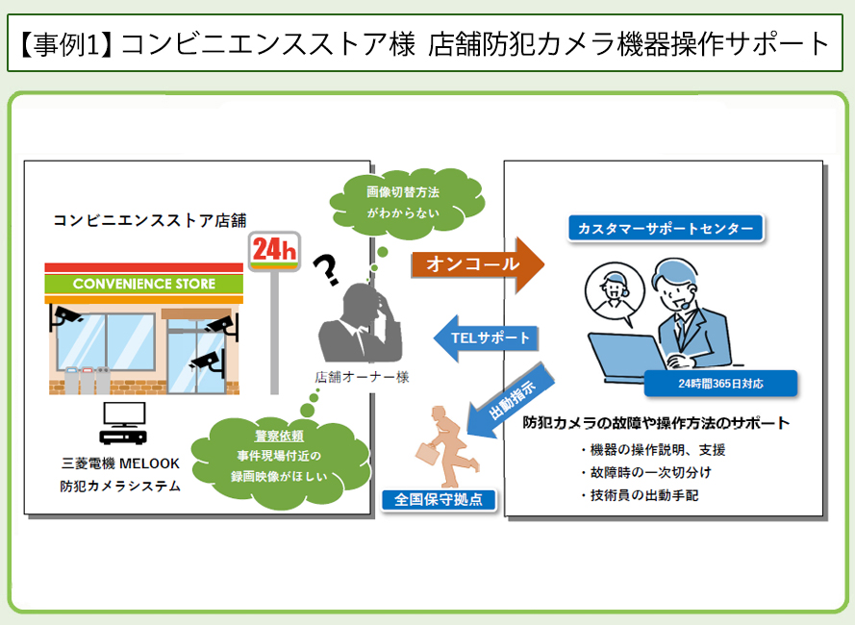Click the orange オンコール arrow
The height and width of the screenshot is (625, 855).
pos(477,264)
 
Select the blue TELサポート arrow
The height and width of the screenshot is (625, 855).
pos(486,338)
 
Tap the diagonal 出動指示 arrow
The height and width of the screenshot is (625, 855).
pos(510,401)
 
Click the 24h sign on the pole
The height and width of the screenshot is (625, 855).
pos(274,251)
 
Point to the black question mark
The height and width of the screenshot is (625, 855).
pos(325,270)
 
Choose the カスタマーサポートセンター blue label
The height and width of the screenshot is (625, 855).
pos(666,229)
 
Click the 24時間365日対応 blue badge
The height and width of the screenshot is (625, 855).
pos(720,384)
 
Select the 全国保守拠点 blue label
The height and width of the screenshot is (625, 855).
pos(439,500)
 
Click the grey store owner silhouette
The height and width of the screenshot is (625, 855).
pos(360,323)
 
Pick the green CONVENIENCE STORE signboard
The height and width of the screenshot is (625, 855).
pos(144,284)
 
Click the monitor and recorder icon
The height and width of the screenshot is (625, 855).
pos(124,423)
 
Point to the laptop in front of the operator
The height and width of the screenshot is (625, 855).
pos(627,356)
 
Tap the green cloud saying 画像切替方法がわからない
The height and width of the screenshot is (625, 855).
pos(406,203)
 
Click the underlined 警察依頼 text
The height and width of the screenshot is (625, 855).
pos(279,437)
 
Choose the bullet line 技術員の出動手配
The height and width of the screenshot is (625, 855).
pos(640,495)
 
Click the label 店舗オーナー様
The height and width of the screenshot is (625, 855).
pos(362,377)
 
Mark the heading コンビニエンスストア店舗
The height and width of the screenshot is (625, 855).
pos(150,220)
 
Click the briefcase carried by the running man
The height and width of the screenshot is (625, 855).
pos(428,453)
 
